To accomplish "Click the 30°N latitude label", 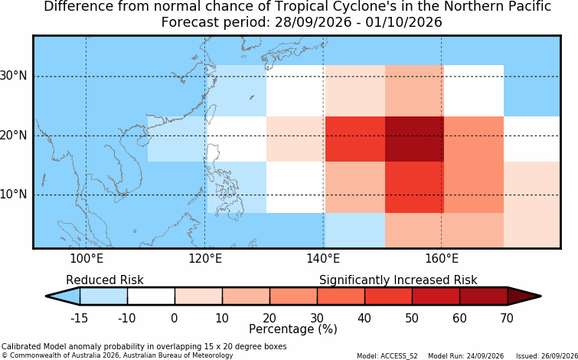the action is click(14, 77).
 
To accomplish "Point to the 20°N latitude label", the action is click(14, 136).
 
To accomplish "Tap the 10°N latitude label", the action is click(14, 195).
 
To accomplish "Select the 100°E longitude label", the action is click(87, 259).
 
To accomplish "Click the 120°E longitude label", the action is click(205, 259).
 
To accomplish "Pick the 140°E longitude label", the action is click(323, 259).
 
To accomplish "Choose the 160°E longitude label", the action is click(442, 259).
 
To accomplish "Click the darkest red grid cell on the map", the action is click(414, 139).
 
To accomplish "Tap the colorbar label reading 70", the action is click(508, 318).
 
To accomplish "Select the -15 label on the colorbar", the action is click(79, 318).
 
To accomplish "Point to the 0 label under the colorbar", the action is click(175, 318).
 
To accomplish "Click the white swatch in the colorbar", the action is click(151, 296).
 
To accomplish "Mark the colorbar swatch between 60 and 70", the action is click(483, 296).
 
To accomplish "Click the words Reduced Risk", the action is click(105, 280).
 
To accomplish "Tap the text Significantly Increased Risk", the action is click(398, 280).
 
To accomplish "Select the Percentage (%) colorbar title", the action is click(293, 329).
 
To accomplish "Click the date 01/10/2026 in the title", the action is click(403, 22).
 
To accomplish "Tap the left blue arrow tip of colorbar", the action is click(46, 296).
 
